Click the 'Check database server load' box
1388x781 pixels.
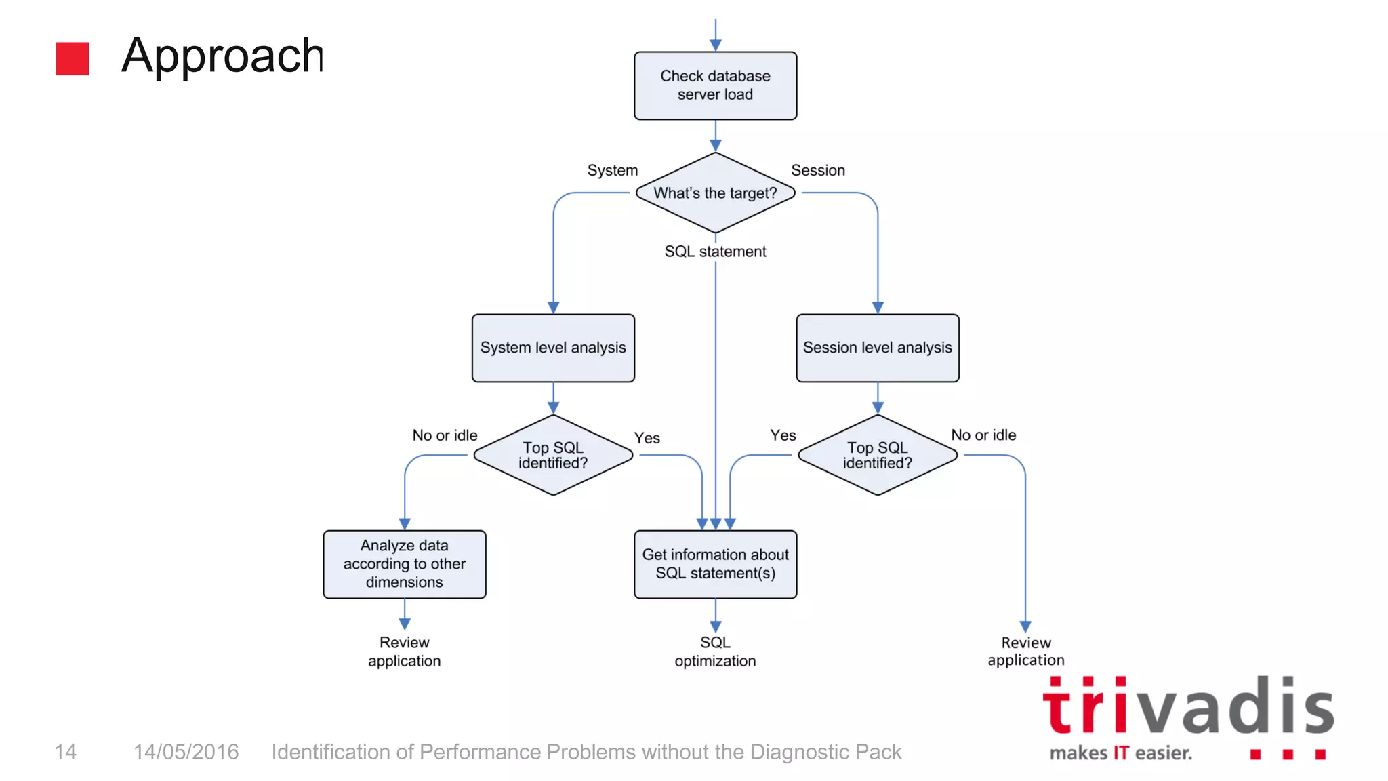point(715,85)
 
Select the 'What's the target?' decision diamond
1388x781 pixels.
point(715,193)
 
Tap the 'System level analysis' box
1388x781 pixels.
point(553,348)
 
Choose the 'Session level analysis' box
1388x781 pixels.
point(877,348)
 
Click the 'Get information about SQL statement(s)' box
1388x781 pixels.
point(715,564)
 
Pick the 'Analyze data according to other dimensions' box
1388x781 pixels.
point(405,564)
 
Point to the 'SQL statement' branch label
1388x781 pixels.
point(715,252)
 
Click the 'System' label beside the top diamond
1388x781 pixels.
point(612,170)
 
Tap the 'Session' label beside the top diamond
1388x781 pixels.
point(818,170)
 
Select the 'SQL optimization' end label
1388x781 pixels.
point(715,652)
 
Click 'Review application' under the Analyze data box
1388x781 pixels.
point(405,652)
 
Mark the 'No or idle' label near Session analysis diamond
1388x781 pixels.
point(983,435)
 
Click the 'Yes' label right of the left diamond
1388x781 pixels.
point(647,438)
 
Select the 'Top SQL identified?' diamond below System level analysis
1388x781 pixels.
point(553,455)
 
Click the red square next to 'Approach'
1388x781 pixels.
point(73,58)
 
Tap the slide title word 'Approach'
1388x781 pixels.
point(222,56)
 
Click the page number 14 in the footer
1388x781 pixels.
point(65,752)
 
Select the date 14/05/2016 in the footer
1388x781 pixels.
point(186,752)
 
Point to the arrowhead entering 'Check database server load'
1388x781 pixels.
point(715,45)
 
